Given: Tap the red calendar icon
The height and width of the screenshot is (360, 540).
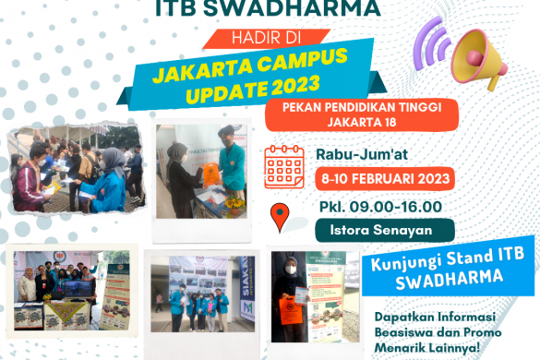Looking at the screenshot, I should [285, 167].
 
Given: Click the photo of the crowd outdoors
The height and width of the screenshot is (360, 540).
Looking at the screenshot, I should [75, 171].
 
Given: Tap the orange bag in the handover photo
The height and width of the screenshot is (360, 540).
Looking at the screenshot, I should [213, 172].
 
